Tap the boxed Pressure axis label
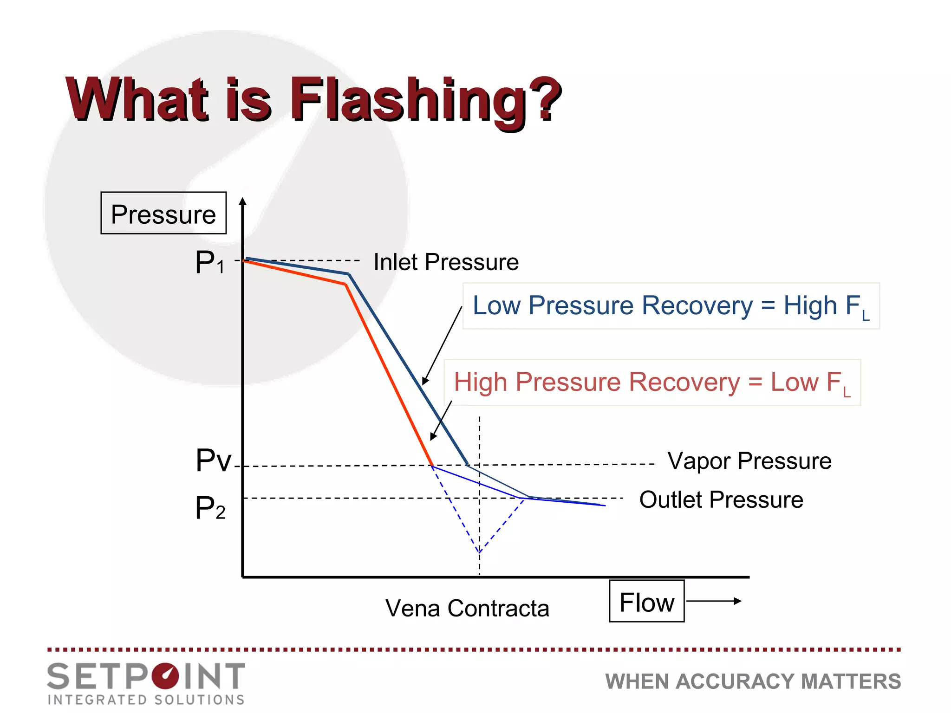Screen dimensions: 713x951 pyautogui.click(x=163, y=214)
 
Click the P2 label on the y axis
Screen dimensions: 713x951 pyautogui.click(x=210, y=508)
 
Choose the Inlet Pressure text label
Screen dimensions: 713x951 pyautogui.click(x=446, y=262)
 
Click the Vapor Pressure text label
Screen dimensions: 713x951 pyautogui.click(x=749, y=461)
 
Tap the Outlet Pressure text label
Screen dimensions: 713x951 pyautogui.click(x=721, y=500)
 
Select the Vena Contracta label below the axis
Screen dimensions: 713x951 pyautogui.click(x=467, y=608)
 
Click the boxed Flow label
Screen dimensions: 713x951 pyautogui.click(x=646, y=602)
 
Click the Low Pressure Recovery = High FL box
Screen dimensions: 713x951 pyautogui.click(x=671, y=306)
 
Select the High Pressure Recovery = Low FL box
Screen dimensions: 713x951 pyautogui.click(x=652, y=382)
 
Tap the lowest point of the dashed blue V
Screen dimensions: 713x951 pyautogui.click(x=479, y=552)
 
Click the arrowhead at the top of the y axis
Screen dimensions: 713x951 pyautogui.click(x=242, y=202)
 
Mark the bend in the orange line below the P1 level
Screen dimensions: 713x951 pyautogui.click(x=346, y=284)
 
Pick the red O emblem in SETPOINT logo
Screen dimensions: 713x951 pyautogui.click(x=165, y=676)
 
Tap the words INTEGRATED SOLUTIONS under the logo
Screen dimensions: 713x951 pyautogui.click(x=146, y=700)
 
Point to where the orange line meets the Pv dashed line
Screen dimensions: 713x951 pyautogui.click(x=432, y=466)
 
